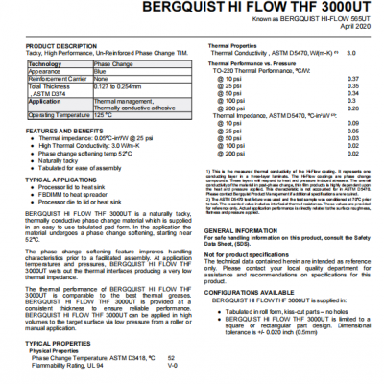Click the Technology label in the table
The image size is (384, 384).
[x=47, y=63]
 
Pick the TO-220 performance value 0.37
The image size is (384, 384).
[x=353, y=77]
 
